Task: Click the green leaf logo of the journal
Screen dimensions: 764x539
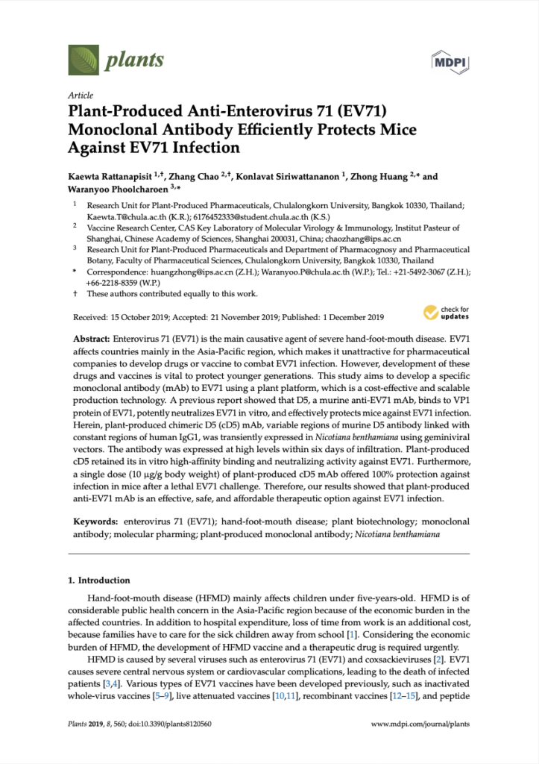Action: (x=83, y=60)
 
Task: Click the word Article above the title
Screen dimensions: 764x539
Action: (x=81, y=96)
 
